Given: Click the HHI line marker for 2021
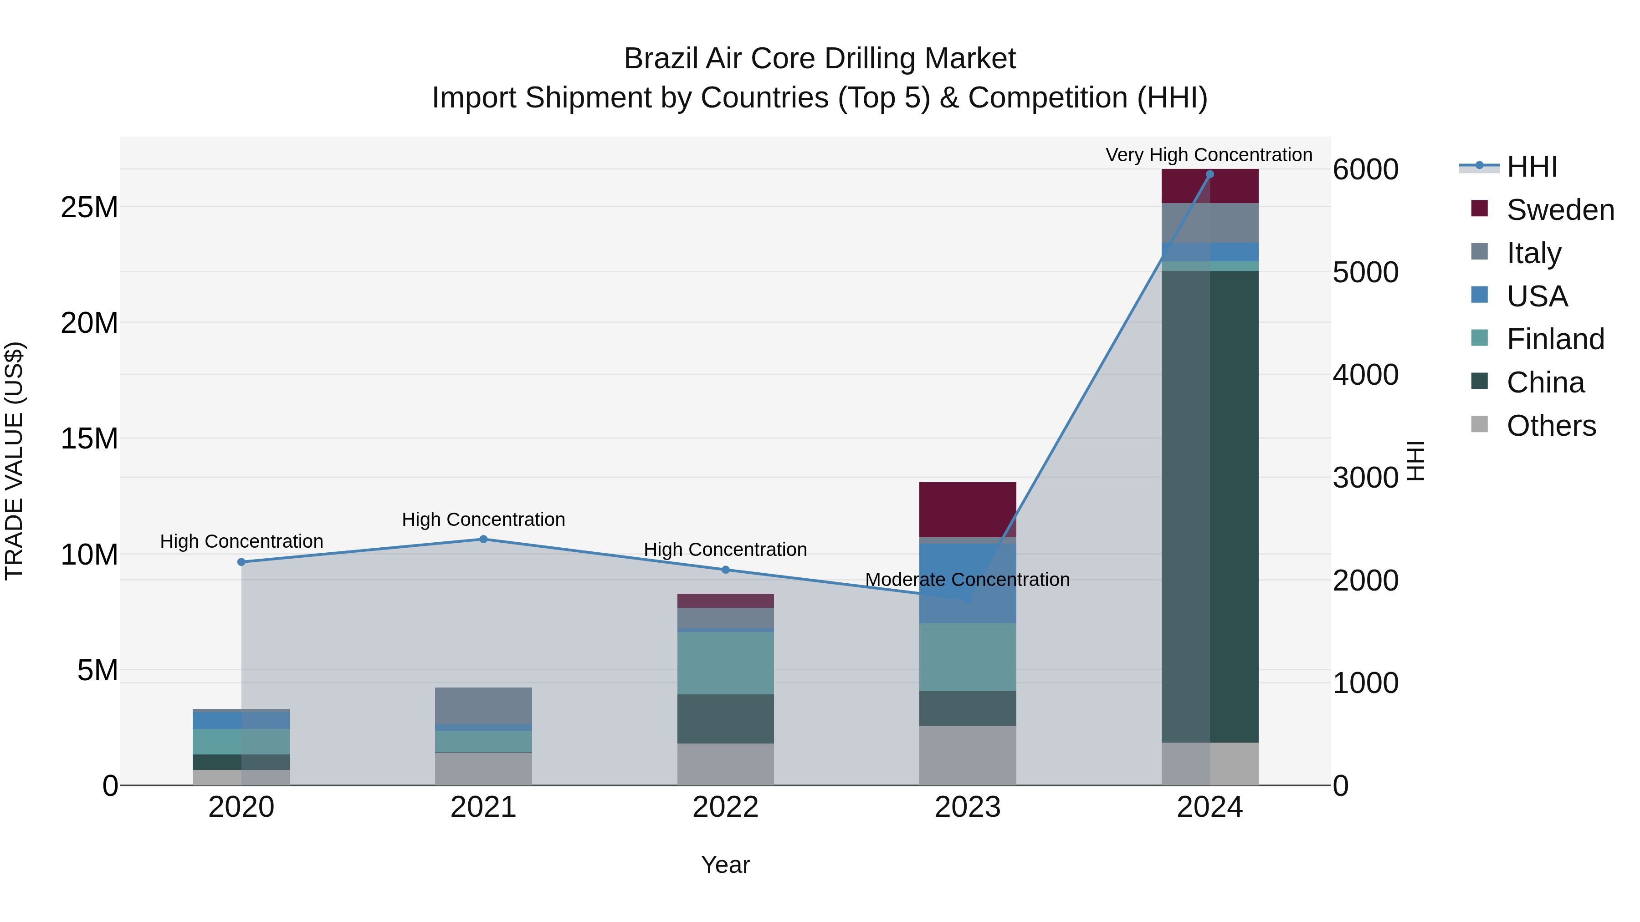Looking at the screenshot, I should tap(483, 539).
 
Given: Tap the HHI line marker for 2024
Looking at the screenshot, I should tap(1209, 174).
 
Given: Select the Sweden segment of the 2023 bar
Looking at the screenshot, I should tap(967, 509).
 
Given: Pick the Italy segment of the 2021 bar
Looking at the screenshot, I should tap(483, 705).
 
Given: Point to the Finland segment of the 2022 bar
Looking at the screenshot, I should tap(725, 662).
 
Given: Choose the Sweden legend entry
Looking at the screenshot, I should tap(1560, 210).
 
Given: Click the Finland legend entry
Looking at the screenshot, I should tap(1555, 339).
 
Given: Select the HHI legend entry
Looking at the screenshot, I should tap(1532, 167).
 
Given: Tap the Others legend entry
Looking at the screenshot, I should tap(1551, 426).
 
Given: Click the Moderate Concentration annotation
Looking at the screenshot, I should tap(967, 580).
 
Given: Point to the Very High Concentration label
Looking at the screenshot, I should tap(1208, 155).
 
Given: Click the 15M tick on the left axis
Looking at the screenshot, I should tap(89, 438).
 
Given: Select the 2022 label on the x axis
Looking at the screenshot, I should tap(725, 807).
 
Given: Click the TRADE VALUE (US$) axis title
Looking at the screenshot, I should tap(14, 461).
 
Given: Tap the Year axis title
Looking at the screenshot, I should tap(725, 865).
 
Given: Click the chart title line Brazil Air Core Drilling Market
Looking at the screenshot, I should tap(820, 59).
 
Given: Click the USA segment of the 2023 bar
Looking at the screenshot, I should tap(967, 583).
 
